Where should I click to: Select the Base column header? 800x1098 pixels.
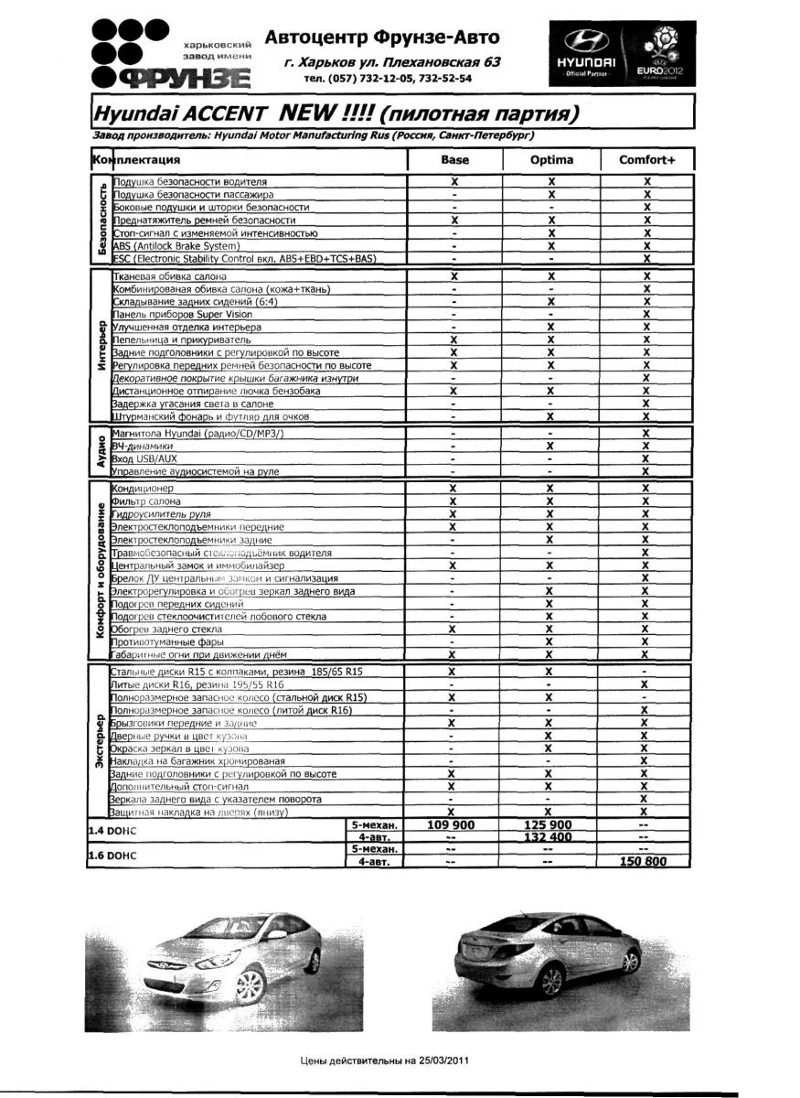pyautogui.click(x=454, y=160)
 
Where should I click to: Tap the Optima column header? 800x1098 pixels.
pyautogui.click(x=551, y=160)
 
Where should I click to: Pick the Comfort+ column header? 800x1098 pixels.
pyautogui.click(x=646, y=160)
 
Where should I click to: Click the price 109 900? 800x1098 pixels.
pyautogui.click(x=451, y=825)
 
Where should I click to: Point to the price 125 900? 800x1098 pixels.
pyautogui.click(x=549, y=825)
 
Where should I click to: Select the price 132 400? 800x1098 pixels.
pyautogui.click(x=549, y=837)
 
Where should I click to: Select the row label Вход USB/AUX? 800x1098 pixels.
pyautogui.click(x=144, y=458)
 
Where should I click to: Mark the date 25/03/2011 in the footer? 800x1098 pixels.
pyautogui.click(x=443, y=1062)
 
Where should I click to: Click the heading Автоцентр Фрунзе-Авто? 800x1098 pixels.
pyautogui.click(x=382, y=38)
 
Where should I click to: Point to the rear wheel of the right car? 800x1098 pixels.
pyautogui.click(x=550, y=982)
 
